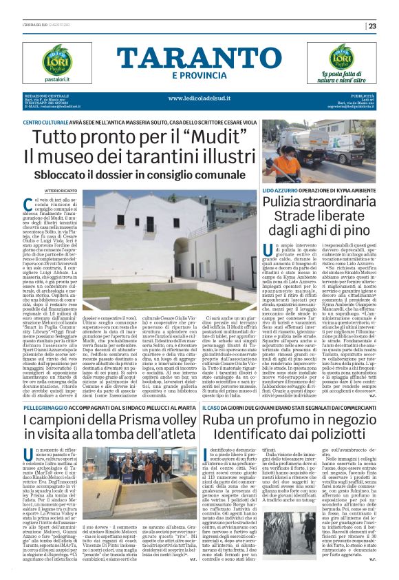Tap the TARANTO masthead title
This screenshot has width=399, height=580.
click(x=199, y=58)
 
